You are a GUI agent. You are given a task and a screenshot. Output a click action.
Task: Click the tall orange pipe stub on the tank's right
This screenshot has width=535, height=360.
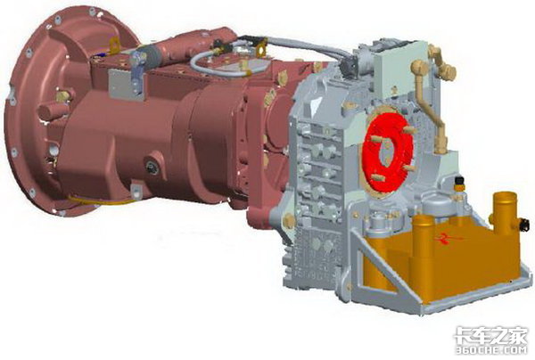pos(504,212)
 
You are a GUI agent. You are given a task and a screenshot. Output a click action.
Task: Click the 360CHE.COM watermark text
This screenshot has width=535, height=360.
pos(491,350)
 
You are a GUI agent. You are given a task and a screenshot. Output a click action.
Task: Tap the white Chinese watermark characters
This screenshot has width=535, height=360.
pos(490,335)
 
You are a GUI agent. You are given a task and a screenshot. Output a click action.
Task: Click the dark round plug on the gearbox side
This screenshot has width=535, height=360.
pos(152,167)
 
